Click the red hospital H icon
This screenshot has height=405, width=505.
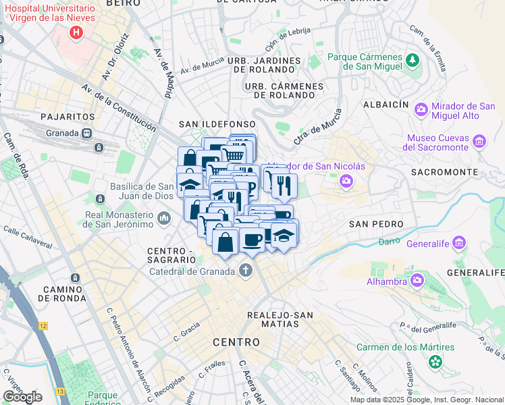[x=76, y=32]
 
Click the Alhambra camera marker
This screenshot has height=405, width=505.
[x=417, y=279]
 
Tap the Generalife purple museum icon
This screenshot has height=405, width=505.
[x=460, y=242]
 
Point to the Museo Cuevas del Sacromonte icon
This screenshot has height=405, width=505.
[x=479, y=142]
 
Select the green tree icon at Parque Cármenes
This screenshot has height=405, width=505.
[x=411, y=62]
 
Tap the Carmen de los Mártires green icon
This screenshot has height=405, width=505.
[x=435, y=362]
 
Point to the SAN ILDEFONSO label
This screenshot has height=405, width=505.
[x=217, y=124]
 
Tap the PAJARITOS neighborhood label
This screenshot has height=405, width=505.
[x=66, y=117]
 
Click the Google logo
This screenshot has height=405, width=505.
[x=22, y=396]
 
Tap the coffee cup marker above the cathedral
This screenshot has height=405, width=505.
[x=252, y=242]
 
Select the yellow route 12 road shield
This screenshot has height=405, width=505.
[x=43, y=326]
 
